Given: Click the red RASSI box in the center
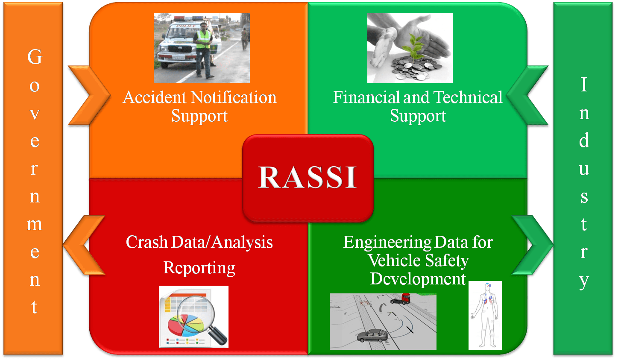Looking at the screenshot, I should click(308, 178).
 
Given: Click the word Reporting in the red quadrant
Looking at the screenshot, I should click(199, 268).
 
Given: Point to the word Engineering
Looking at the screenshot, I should click(383, 243).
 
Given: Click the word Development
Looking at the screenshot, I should click(417, 279).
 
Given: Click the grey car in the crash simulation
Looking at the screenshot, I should click(372, 335).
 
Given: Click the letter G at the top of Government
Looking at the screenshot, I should click(35, 57).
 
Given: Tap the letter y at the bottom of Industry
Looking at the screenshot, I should click(584, 281).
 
